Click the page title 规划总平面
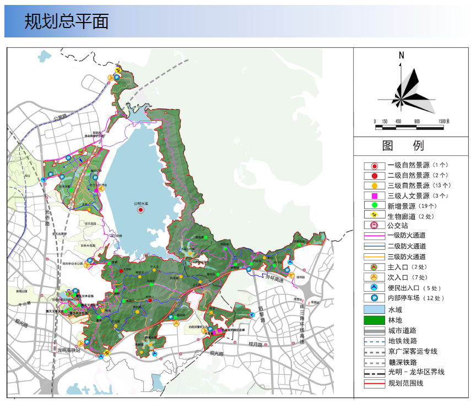pyautogui.click(x=66, y=21)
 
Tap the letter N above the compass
pyautogui.click(x=402, y=55)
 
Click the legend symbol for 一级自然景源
pyautogui.click(x=374, y=166)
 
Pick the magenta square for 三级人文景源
pyautogui.click(x=374, y=196)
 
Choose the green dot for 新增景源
pyautogui.click(x=374, y=206)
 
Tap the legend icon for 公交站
pyautogui.click(x=374, y=226)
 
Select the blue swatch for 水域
pyautogui.click(x=374, y=309)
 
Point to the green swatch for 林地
pyautogui.click(x=374, y=320)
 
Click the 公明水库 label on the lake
pyautogui.click(x=142, y=203)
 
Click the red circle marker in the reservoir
pyautogui.click(x=140, y=210)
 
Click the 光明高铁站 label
pyautogui.click(x=69, y=350)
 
